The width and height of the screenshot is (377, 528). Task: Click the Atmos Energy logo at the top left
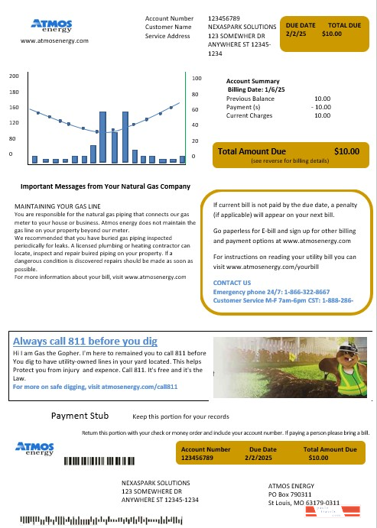point(50,24)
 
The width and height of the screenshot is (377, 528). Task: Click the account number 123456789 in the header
point(224,17)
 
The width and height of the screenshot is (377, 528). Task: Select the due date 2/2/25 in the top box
point(297,34)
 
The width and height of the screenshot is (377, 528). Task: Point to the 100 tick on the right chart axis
point(197,79)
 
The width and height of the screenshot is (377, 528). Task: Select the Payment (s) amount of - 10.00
point(320,107)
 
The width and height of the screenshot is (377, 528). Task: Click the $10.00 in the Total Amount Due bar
point(348,151)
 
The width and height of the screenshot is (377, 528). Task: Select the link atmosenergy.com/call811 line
point(96,387)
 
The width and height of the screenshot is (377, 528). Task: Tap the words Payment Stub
point(79,416)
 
